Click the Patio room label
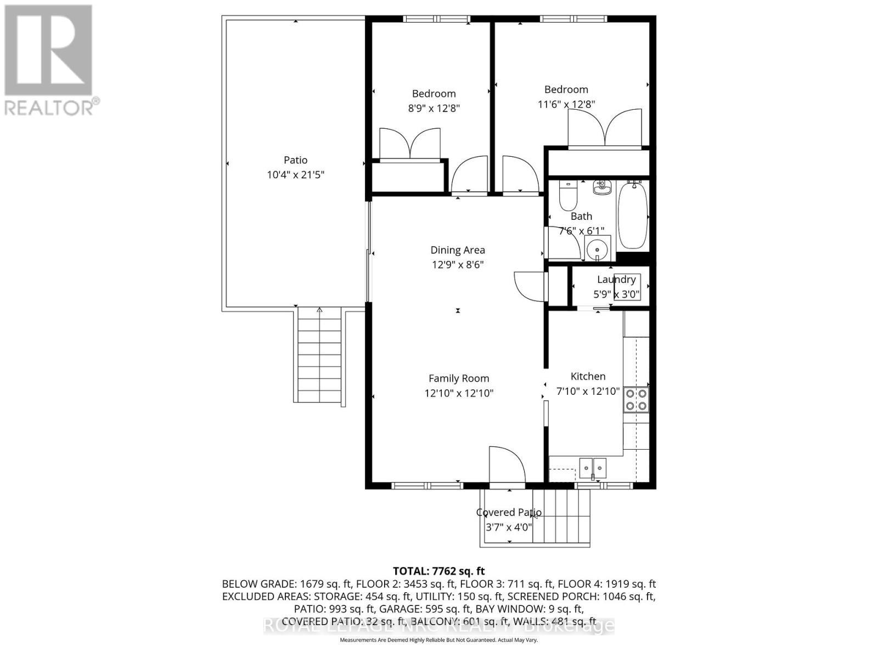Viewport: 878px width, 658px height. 295,160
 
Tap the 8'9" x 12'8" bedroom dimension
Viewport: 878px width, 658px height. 434,109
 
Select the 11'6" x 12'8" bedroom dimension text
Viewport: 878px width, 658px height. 566,104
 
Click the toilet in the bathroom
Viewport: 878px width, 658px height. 568,196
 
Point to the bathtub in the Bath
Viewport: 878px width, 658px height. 633,215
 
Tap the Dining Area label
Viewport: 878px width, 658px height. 457,250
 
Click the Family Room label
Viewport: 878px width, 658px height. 458,378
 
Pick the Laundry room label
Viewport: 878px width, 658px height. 616,280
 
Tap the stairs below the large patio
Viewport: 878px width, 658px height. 319,356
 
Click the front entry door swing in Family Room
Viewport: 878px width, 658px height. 507,465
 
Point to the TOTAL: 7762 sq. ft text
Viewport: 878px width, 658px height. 438,571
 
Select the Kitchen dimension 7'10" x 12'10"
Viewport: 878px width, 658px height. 588,392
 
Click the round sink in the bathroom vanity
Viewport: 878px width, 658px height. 596,251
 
